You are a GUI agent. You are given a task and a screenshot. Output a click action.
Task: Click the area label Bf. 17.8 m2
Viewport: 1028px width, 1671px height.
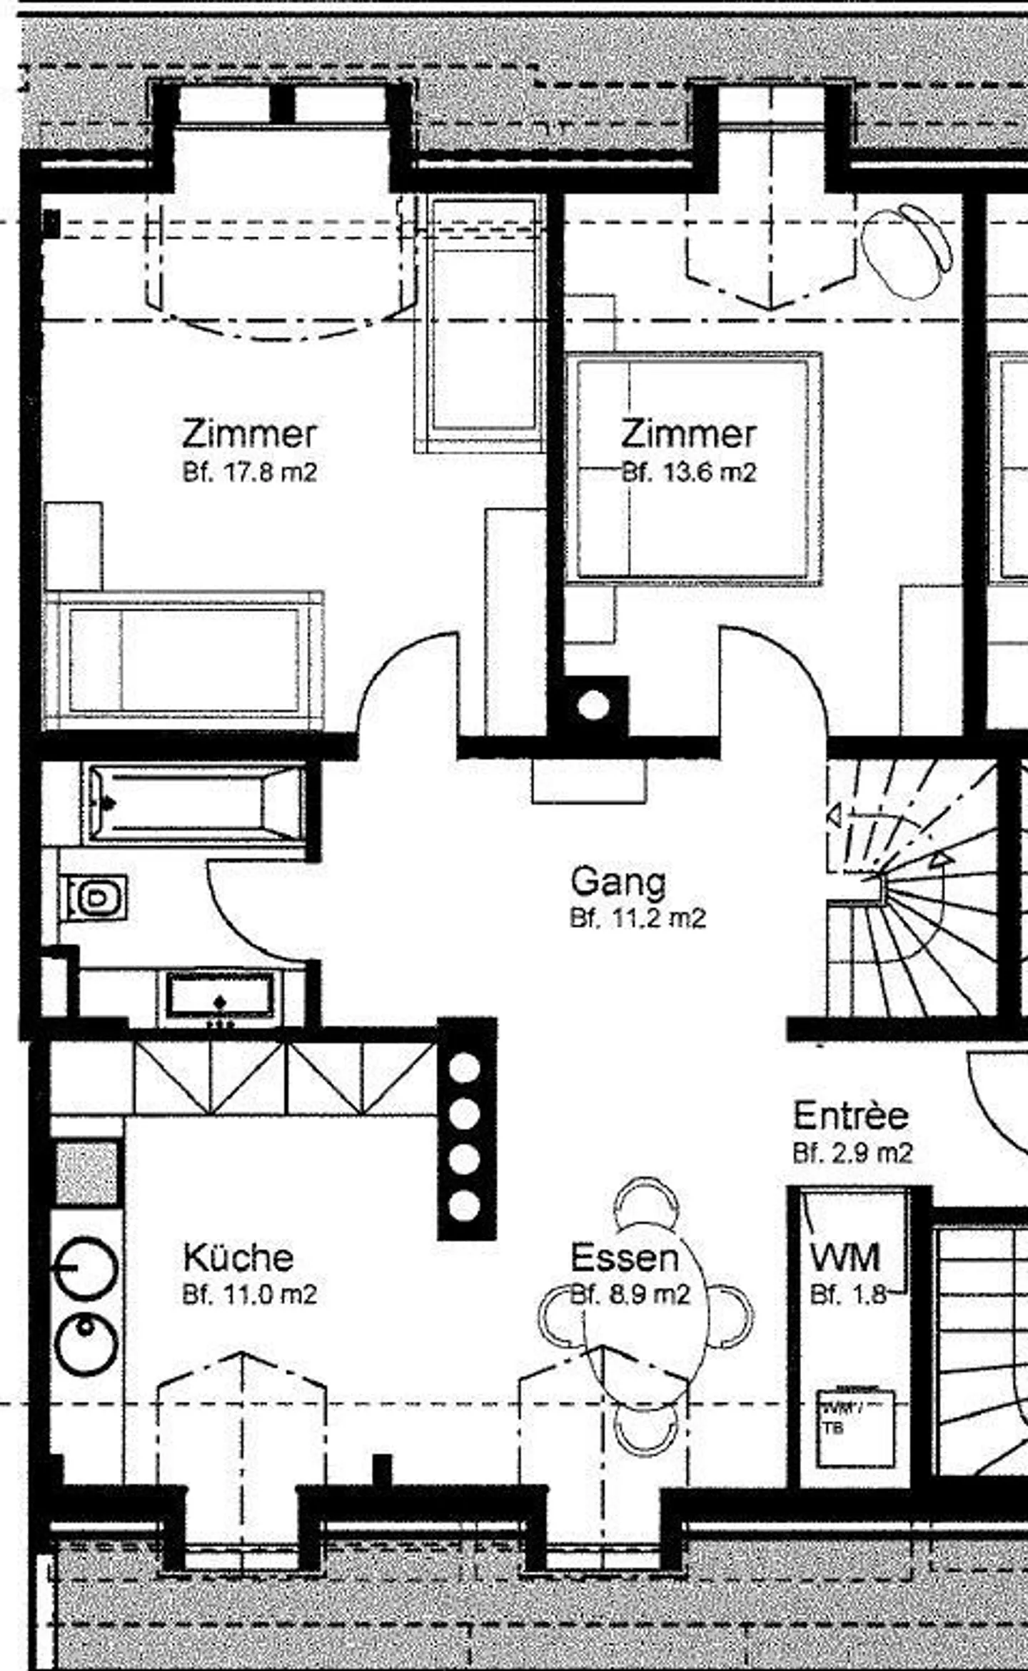click(x=249, y=473)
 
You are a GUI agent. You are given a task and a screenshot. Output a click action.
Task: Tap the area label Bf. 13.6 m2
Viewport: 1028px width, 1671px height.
click(x=688, y=473)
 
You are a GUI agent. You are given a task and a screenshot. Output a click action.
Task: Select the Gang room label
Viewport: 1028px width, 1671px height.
click(x=618, y=882)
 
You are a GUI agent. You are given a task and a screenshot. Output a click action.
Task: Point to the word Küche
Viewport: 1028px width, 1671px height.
click(x=238, y=1257)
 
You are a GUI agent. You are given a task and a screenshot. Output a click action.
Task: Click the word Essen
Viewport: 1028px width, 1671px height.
click(x=624, y=1257)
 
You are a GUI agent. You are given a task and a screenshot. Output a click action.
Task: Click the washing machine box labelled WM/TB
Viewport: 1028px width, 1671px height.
click(x=854, y=1427)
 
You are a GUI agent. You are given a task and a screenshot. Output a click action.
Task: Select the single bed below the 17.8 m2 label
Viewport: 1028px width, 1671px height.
click(x=184, y=660)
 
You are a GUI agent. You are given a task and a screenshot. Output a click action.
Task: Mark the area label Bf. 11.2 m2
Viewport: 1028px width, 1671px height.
click(x=638, y=918)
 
